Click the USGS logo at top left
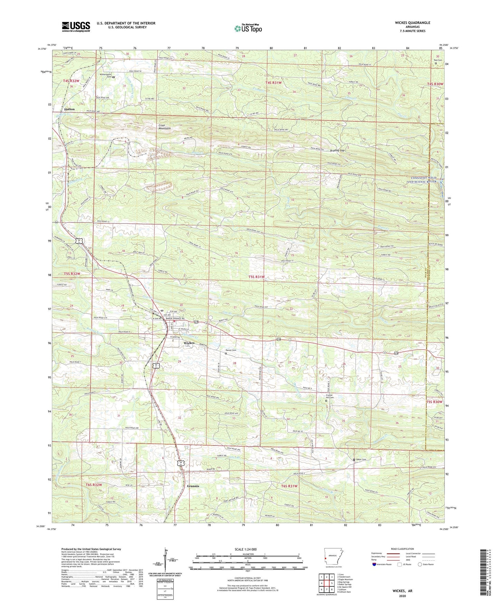[76, 27]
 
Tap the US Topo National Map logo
[248, 28]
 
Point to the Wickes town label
[189, 343]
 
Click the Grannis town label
[193, 486]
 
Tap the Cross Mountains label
[164, 127]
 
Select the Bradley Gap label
[337, 151]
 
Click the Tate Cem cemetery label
[438, 60]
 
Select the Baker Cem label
[361, 459]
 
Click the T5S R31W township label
[257, 277]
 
